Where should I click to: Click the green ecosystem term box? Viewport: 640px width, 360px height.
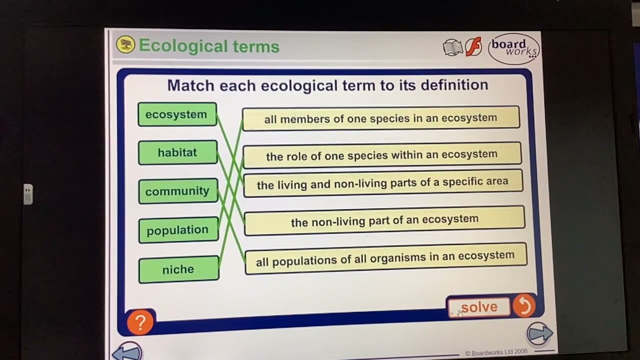(177, 114)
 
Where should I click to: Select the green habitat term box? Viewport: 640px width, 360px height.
(177, 152)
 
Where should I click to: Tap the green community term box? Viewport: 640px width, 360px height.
(177, 191)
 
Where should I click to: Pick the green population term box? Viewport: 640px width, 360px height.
(178, 230)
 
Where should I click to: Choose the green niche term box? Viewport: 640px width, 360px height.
(178, 269)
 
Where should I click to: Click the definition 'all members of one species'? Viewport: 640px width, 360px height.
(381, 118)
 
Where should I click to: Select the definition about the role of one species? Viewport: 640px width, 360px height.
(382, 154)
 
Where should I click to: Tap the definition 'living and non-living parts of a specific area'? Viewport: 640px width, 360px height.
(382, 182)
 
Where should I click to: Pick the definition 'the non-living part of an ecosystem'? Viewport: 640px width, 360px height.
(384, 220)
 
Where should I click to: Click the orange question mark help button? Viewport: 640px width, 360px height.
(140, 322)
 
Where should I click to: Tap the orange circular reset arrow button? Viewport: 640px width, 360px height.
(524, 306)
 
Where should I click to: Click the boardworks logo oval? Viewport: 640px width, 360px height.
(513, 48)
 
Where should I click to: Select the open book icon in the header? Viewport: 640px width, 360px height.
(453, 47)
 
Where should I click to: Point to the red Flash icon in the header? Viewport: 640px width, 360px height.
(473, 47)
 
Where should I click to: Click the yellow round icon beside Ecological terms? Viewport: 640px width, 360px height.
(126, 44)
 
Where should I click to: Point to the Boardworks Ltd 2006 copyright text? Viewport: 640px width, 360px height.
(496, 352)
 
